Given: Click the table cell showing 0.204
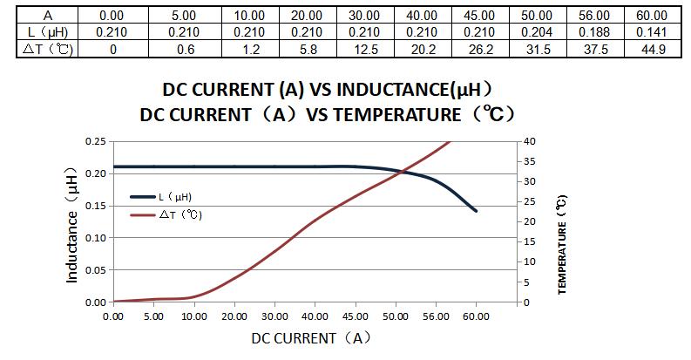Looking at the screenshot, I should (x=537, y=32).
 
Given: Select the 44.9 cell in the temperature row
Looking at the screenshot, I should (x=652, y=49).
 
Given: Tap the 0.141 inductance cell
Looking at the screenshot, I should (x=652, y=32).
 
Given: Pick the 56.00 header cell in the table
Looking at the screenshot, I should (x=594, y=16).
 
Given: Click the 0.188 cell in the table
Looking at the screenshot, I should (x=594, y=32).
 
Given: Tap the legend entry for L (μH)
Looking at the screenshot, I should (x=174, y=197).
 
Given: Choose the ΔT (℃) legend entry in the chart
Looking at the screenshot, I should (x=179, y=214).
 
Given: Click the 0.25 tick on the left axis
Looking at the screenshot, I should (x=95, y=141).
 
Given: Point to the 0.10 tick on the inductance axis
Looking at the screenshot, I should (x=95, y=238).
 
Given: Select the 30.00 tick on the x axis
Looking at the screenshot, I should (x=274, y=316).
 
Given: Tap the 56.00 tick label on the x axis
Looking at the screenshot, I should (x=436, y=316).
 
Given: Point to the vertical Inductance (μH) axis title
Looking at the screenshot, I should (x=73, y=225).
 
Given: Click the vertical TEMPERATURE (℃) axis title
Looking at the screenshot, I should (x=563, y=246).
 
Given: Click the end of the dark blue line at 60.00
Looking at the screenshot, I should (x=476, y=211).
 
